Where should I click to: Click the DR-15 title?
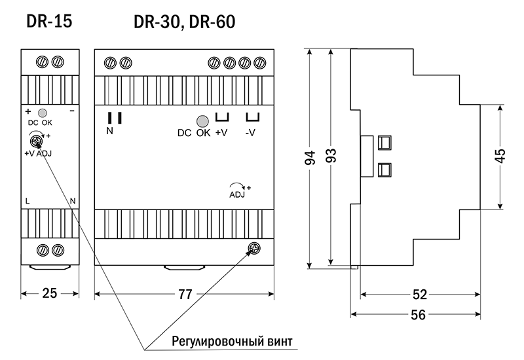point(49,22)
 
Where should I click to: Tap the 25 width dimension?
point(50,295)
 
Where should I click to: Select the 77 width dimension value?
point(185,295)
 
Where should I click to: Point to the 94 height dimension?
point(310,158)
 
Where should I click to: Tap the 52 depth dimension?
point(420,295)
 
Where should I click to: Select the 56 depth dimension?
point(417,315)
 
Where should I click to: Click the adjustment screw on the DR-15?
point(36,140)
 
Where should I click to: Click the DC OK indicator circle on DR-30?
point(202,120)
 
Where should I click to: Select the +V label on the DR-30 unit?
point(221,133)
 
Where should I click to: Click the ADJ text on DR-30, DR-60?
point(236,194)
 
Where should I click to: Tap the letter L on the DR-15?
point(27,200)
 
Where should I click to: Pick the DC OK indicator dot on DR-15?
point(42,113)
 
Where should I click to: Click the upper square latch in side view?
point(384,142)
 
